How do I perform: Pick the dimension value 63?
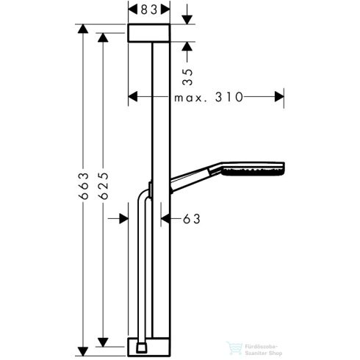pos(191,218)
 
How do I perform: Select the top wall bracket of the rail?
pos(150,33)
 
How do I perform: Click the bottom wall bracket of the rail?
pos(151,345)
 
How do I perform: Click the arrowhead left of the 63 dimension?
pos(123,218)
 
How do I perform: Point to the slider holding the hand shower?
pos(150,190)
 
